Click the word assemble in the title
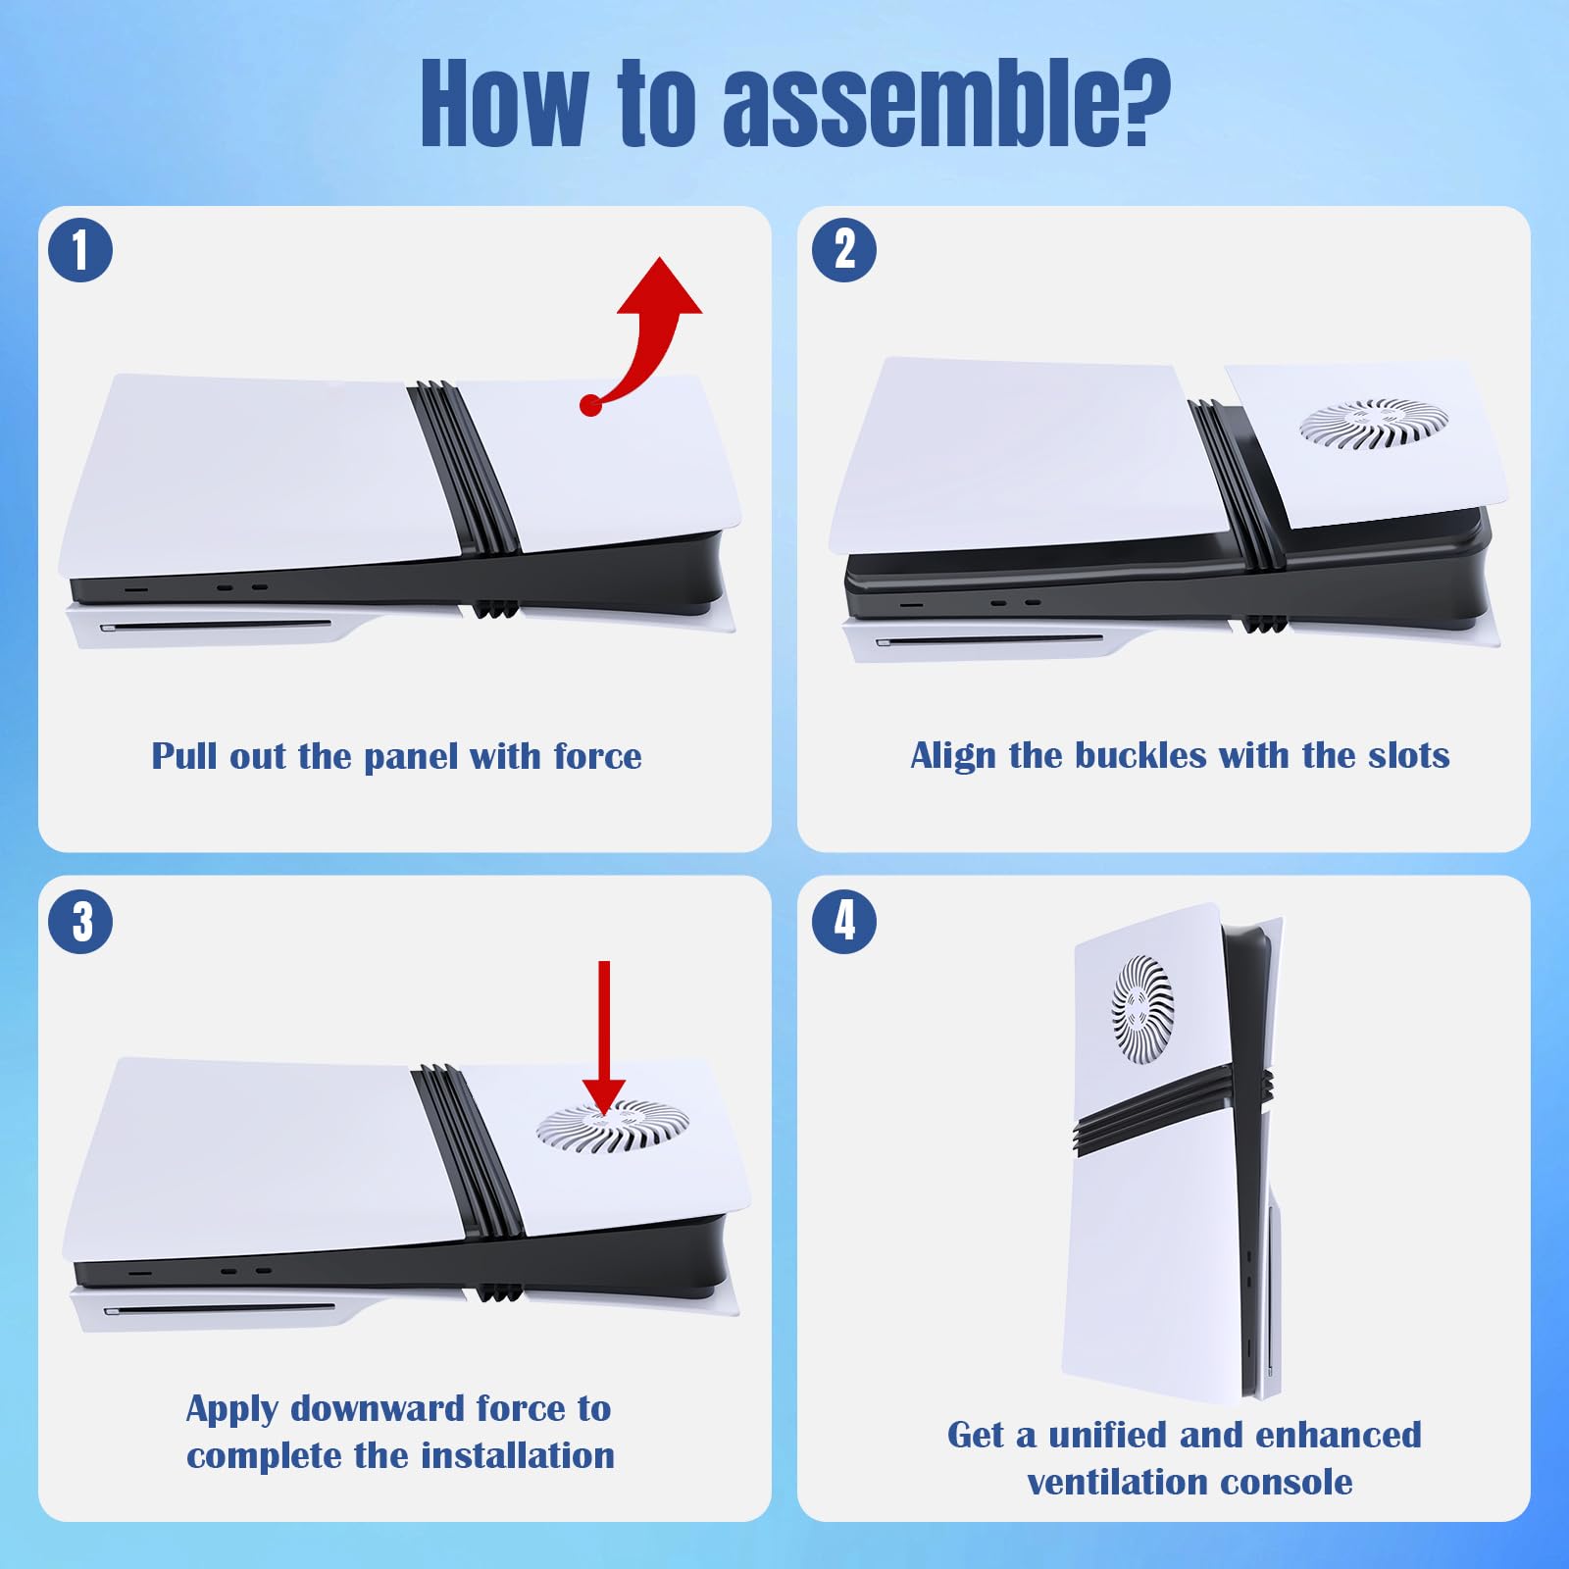[x=946, y=104]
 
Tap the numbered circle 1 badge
[x=80, y=250]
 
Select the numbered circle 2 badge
[x=844, y=250]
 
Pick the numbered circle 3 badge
[x=80, y=922]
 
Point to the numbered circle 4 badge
[x=844, y=922]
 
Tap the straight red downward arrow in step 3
[x=604, y=1039]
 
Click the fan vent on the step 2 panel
[x=1373, y=425]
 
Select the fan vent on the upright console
[x=1142, y=1011]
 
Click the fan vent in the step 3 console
[x=613, y=1127]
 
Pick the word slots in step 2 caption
[x=1406, y=755]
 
